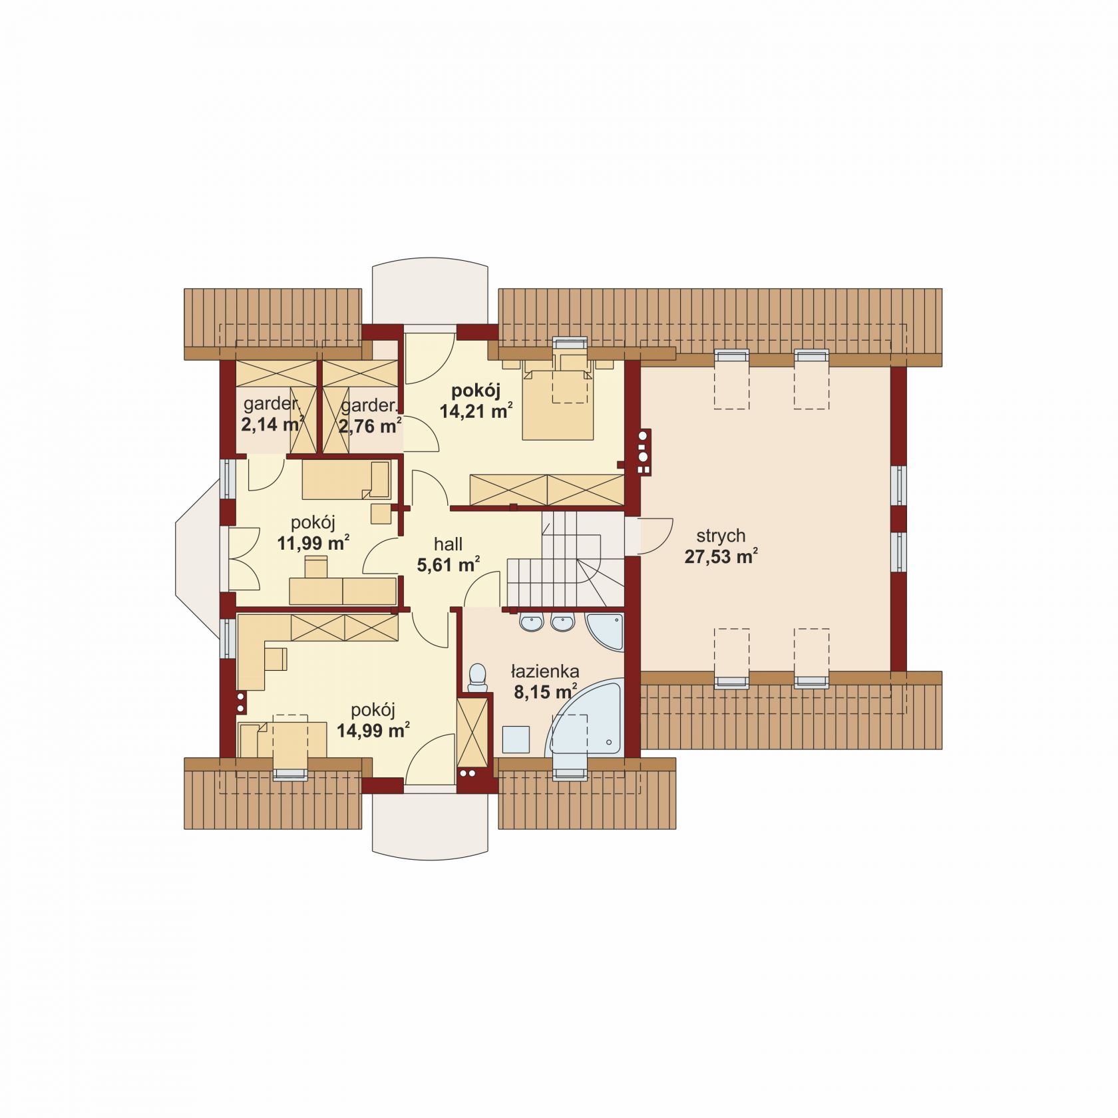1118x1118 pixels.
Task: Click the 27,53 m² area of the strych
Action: [x=721, y=556]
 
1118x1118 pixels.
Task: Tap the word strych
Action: [x=721, y=536]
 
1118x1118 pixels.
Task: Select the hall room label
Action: [x=449, y=545]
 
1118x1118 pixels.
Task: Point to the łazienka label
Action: [x=545, y=671]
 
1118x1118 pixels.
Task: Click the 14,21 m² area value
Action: [x=476, y=411]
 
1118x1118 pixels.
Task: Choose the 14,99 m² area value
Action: [x=373, y=731]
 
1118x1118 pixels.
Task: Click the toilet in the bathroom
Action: [x=477, y=677]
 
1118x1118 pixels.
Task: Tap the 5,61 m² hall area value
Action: [x=449, y=566]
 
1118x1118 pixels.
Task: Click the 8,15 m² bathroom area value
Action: [x=545, y=692]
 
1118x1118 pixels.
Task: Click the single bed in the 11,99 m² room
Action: [x=346, y=480]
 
